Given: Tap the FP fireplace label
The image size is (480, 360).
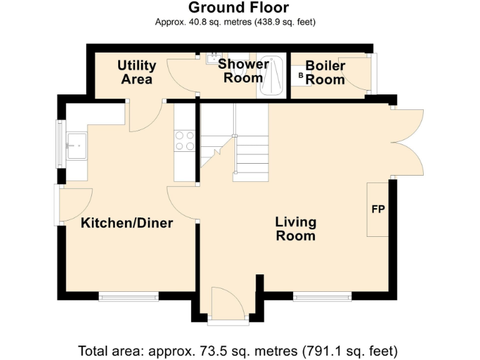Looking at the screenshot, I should point(378,209).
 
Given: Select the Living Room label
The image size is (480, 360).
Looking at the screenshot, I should point(296,229).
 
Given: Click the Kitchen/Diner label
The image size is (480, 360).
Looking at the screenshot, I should point(127,223).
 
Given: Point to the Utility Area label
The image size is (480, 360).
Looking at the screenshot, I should point(136,72).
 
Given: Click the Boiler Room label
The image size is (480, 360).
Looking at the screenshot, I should point(325,72).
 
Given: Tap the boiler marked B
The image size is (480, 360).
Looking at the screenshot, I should point(301,76).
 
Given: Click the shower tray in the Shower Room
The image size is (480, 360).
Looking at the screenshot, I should point(271,77).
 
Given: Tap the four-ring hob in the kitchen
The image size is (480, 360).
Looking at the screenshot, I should point(184,140).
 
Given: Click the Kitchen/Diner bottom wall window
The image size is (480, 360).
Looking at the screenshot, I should point(129,296).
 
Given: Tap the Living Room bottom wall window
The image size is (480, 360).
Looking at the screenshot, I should point(322,296).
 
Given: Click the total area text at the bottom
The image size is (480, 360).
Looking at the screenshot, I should point(237,350).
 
